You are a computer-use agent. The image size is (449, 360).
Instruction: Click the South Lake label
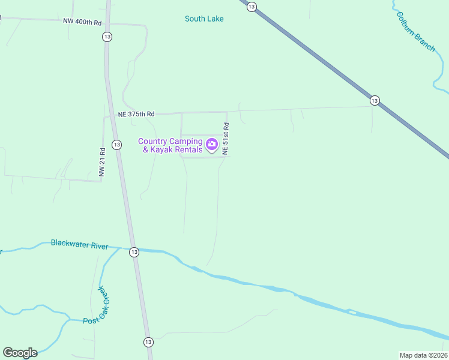pos(204,19)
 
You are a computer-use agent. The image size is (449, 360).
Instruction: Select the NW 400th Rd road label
pos(82,21)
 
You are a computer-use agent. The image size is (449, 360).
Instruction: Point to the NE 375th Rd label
pos(136,114)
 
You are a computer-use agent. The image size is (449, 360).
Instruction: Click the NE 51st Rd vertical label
pos(226,139)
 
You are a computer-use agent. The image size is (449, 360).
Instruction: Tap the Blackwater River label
pos(79,244)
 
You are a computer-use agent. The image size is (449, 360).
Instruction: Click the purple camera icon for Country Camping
pos(211,144)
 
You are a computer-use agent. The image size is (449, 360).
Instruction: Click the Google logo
pos(20,352)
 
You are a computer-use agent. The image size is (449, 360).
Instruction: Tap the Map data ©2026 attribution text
pos(424,355)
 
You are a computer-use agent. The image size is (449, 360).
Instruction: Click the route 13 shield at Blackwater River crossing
pos(133,252)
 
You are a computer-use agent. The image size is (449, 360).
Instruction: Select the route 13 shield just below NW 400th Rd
pos(107,37)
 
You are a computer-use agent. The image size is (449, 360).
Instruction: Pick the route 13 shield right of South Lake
pos(252,6)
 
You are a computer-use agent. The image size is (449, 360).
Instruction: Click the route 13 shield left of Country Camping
pos(116,145)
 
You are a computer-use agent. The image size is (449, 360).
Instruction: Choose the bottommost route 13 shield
pos(148,341)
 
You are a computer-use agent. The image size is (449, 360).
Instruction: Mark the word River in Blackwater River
pos(98,245)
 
